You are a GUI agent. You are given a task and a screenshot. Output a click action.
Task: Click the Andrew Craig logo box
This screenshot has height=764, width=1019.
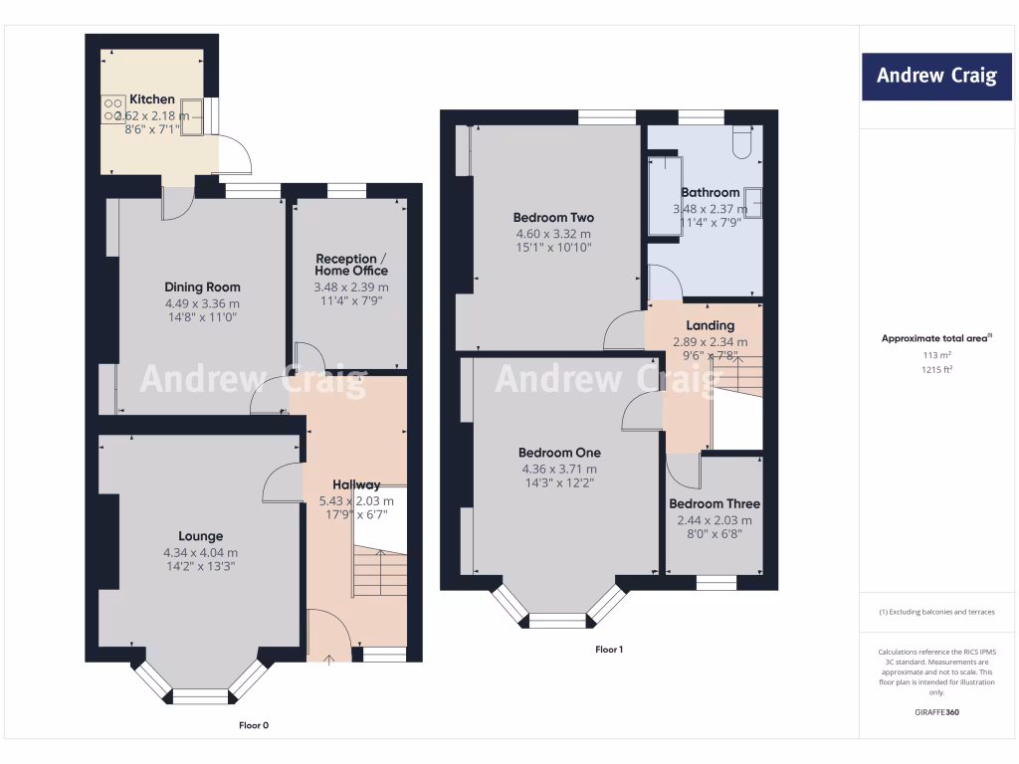[936, 76]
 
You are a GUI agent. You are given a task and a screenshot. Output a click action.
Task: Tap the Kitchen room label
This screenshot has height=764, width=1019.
[152, 99]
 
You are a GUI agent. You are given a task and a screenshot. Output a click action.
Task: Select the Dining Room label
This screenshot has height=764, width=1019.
[203, 287]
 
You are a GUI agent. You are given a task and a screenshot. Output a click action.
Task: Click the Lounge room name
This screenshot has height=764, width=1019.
[201, 536]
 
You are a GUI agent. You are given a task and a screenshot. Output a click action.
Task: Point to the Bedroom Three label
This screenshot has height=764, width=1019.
[713, 503]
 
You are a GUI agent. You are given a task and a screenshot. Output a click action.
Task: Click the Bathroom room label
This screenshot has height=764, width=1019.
[710, 192]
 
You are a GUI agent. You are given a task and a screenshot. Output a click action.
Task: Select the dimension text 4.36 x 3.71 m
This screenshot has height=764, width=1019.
[560, 469]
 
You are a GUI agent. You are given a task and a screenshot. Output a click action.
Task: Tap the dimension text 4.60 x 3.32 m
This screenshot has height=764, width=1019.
[552, 234]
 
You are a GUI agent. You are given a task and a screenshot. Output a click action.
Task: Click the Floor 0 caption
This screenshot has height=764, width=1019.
[254, 725]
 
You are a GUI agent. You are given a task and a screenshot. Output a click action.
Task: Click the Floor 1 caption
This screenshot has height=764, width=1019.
[609, 650]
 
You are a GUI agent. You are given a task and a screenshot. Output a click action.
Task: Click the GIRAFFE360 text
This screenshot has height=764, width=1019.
[935, 712]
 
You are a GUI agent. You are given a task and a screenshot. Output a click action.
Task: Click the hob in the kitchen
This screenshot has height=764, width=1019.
[112, 108]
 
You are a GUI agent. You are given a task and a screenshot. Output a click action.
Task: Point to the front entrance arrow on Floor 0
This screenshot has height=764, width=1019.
[329, 659]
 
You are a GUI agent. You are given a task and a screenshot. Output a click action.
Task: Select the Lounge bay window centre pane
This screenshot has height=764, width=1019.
[201, 695]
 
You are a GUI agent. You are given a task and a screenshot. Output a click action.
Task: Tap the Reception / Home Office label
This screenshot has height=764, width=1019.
[351, 265]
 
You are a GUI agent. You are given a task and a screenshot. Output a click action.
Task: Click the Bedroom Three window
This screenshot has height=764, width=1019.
[716, 583]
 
